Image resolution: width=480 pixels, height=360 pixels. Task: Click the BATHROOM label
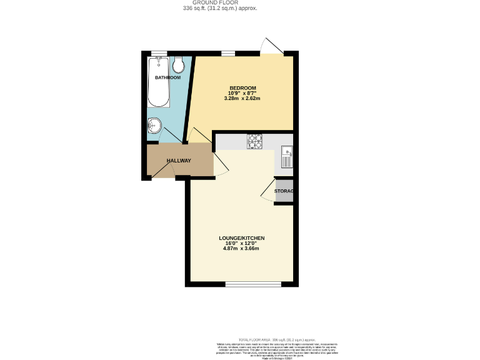pyautogui.click(x=167, y=77)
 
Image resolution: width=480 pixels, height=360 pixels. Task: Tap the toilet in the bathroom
pyautogui.click(x=178, y=64)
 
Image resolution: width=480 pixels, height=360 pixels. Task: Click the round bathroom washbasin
pyautogui.click(x=154, y=126)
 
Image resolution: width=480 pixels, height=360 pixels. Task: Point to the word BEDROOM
pyautogui.click(x=242, y=88)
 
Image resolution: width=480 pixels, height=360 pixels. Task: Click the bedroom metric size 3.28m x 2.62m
pyautogui.click(x=242, y=99)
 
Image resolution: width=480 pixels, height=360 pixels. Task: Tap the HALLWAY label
pyautogui.click(x=179, y=161)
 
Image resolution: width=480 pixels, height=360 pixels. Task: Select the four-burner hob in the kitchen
pyautogui.click(x=255, y=142)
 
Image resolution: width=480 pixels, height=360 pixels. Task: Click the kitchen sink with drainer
pyautogui.click(x=287, y=158)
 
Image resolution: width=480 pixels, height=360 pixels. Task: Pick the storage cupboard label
pyautogui.click(x=284, y=191)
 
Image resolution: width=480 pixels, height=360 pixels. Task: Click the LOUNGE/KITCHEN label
pyautogui.click(x=241, y=238)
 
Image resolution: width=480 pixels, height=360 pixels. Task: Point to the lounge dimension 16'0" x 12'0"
pyautogui.click(x=241, y=243)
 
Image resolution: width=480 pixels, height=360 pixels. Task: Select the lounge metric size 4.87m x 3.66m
pyautogui.click(x=241, y=249)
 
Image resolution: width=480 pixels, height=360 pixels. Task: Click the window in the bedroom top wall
pyautogui.click(x=228, y=54)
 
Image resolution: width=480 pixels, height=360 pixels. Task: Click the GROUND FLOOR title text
pyautogui.click(x=219, y=3)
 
